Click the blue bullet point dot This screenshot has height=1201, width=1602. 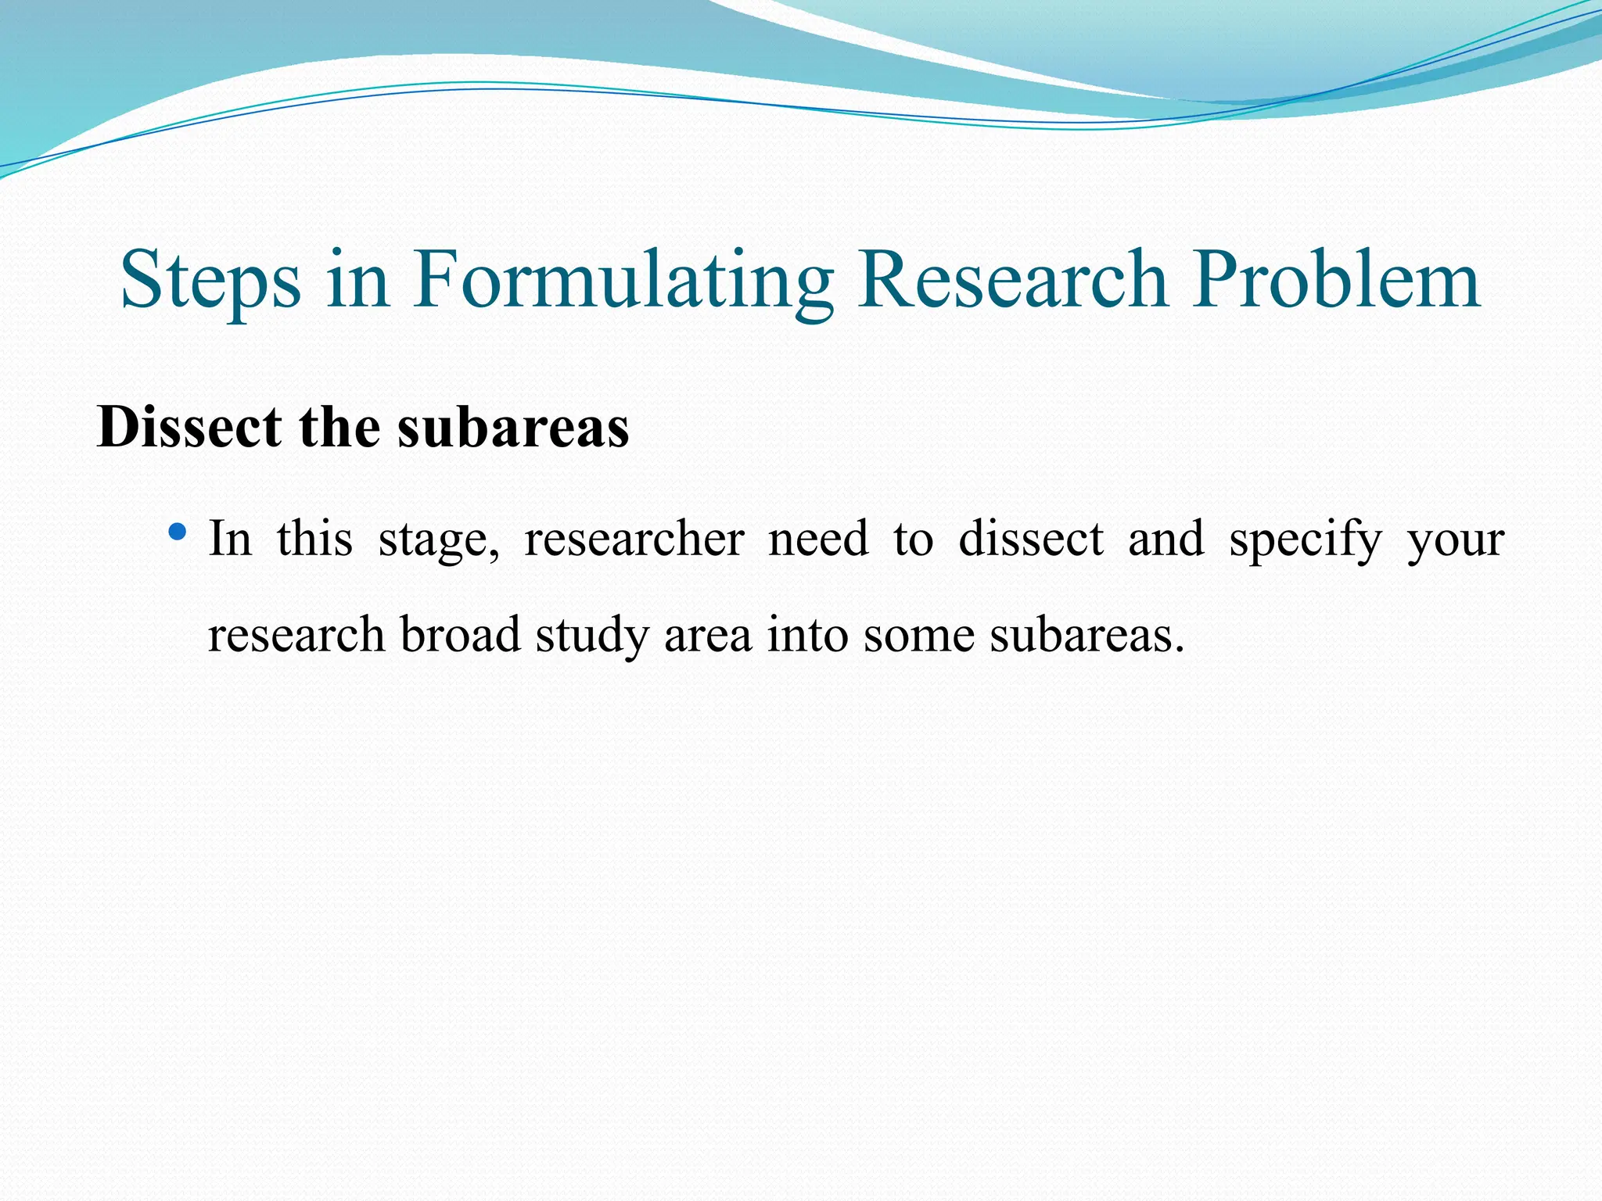tap(178, 533)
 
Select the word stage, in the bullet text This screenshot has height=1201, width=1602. tap(439, 540)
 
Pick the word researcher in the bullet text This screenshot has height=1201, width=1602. tap(634, 540)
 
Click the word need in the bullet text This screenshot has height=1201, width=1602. tap(818, 540)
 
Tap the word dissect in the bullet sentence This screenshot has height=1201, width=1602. tap(1031, 540)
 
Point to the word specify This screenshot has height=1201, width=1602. tap(1306, 540)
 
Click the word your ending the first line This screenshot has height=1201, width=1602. tap(1456, 540)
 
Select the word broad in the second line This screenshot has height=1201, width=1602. tap(460, 634)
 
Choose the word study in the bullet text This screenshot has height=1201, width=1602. tap(592, 634)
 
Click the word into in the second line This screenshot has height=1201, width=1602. tap(807, 634)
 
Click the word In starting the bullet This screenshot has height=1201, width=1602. tap(230, 540)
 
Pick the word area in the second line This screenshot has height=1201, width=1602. tap(708, 634)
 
